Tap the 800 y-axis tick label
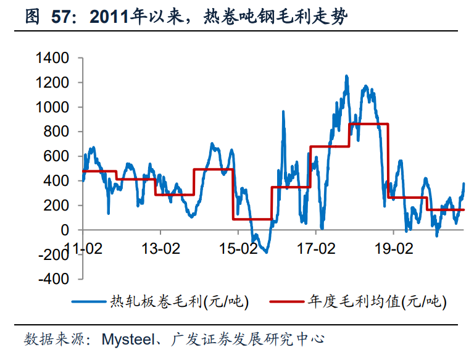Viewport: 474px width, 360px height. coord(57,132)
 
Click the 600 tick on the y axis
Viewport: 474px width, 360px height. coord(57,156)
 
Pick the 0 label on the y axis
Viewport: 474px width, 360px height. coord(66,230)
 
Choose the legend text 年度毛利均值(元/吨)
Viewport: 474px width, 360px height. coord(376,302)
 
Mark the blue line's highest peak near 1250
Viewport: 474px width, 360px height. coord(346,77)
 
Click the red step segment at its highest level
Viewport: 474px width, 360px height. coord(368,124)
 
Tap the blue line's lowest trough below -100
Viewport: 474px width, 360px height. coord(266,251)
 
